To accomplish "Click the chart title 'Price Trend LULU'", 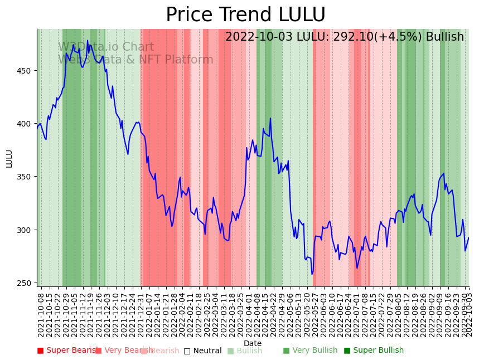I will click(x=245, y=15).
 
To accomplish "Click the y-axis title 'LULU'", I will click(x=9, y=158).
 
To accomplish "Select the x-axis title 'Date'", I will click(x=253, y=343).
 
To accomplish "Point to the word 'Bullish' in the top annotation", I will click(x=444, y=37).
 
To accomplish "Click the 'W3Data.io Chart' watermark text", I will click(x=106, y=47).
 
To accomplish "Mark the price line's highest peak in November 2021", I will click(x=87, y=41).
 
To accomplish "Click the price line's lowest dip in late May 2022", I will click(x=312, y=274).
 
